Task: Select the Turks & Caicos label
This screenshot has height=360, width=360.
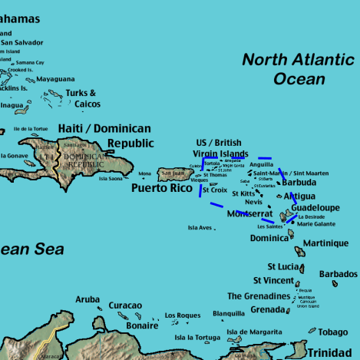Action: [x=82, y=98]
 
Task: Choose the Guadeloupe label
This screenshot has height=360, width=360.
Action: [x=315, y=208]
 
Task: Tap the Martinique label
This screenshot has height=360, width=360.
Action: [x=325, y=243]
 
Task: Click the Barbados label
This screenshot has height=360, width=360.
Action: [x=338, y=274]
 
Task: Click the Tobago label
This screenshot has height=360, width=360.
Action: [x=333, y=332]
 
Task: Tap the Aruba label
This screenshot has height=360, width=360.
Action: [x=88, y=299]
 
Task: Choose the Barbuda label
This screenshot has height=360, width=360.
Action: [x=298, y=183]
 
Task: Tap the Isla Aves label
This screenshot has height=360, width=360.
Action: [x=200, y=228]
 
